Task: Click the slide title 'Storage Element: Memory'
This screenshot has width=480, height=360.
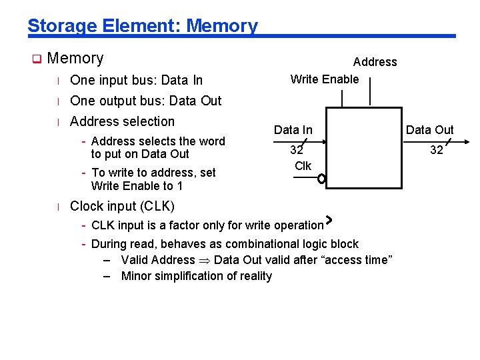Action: [142, 26]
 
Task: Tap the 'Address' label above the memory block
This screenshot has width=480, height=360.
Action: [375, 62]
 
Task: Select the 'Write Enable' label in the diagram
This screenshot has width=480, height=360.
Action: [325, 79]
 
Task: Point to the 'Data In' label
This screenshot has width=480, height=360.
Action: [293, 130]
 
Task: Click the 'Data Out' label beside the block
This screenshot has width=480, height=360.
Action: [429, 130]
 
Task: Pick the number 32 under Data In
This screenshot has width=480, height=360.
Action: [297, 151]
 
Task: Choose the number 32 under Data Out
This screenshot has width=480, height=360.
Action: [437, 151]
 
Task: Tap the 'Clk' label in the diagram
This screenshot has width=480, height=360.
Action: [303, 166]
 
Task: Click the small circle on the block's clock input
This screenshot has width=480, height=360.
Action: [321, 179]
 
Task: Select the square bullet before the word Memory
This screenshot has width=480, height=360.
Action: [37, 59]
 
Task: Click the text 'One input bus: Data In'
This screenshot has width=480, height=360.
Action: [136, 81]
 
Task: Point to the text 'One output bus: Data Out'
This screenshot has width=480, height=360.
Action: [145, 101]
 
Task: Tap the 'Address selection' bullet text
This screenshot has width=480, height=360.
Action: [122, 121]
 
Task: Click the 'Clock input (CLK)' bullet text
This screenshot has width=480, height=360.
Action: [122, 205]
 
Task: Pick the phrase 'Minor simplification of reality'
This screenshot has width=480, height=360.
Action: [196, 276]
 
